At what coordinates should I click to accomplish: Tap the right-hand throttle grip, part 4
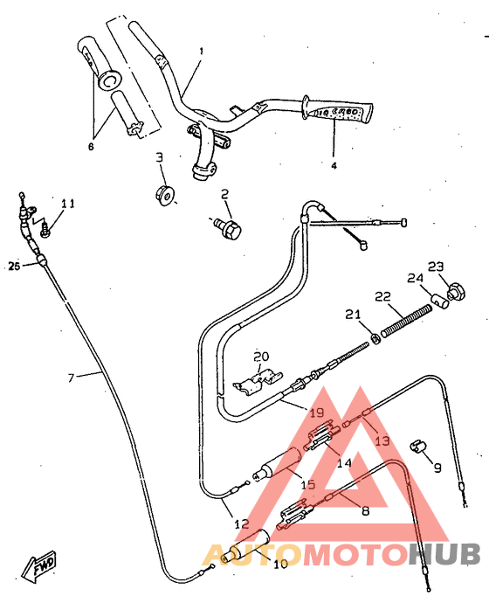click(x=338, y=110)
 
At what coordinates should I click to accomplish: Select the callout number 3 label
click(x=160, y=157)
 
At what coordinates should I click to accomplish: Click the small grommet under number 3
click(x=163, y=194)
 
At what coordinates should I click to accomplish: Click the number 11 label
click(x=67, y=204)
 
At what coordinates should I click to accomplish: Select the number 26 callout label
click(x=14, y=265)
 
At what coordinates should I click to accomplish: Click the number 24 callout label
click(x=414, y=279)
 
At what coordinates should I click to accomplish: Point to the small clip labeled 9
click(x=417, y=446)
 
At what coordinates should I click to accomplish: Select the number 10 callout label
click(x=279, y=565)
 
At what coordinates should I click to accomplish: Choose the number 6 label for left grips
click(x=90, y=146)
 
